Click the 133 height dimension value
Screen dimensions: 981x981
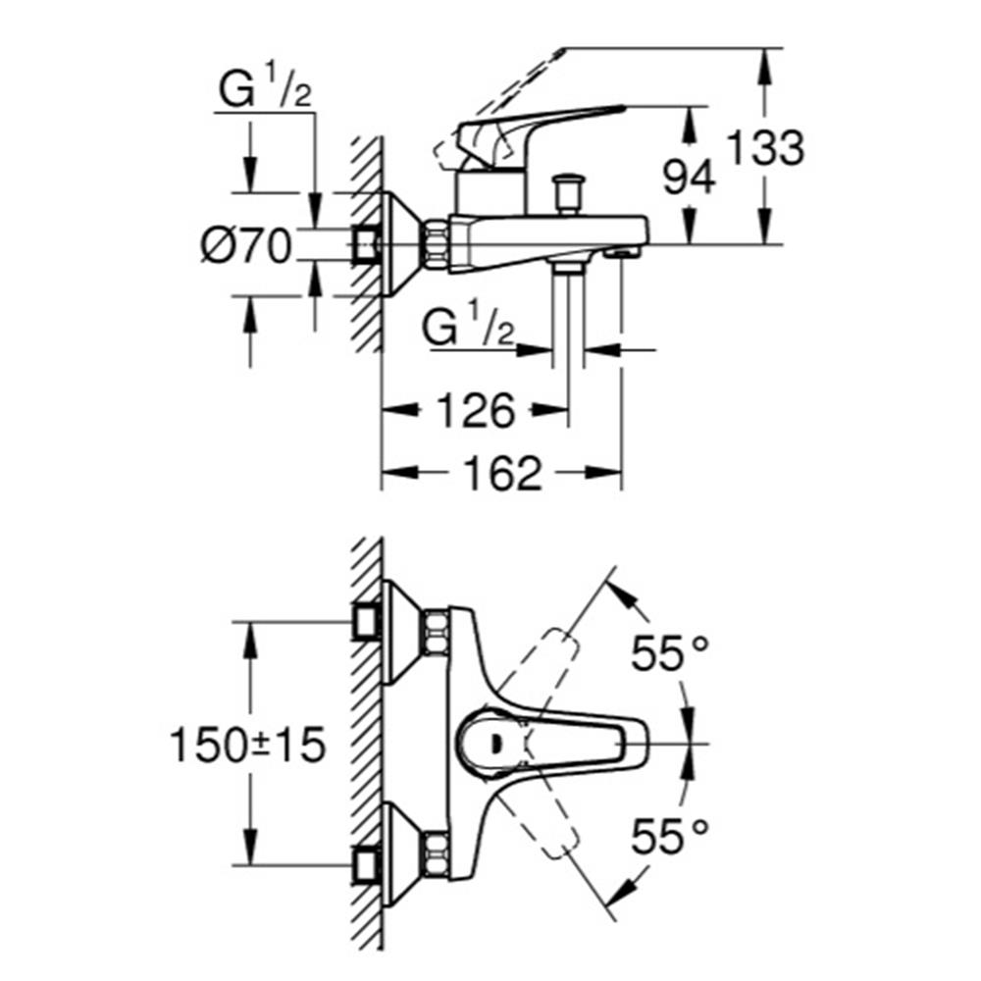(x=765, y=149)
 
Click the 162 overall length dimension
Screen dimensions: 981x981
(x=500, y=474)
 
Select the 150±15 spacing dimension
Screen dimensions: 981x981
(x=246, y=746)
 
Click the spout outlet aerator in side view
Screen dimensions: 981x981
(x=620, y=254)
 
